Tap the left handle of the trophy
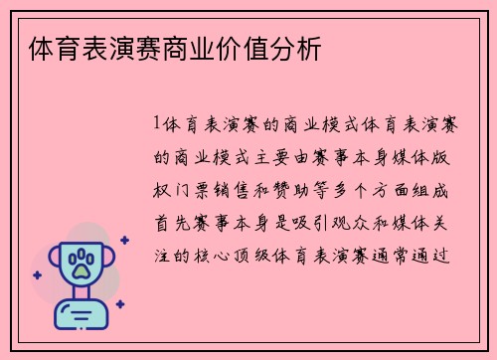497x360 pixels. pyautogui.click(x=53, y=262)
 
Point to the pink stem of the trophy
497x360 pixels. pyautogui.click(x=83, y=294)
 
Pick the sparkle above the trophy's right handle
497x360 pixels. pyautogui.click(x=124, y=240)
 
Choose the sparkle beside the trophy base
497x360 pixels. pyautogui.click(x=119, y=304)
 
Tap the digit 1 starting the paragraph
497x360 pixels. pyautogui.click(x=158, y=126)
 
